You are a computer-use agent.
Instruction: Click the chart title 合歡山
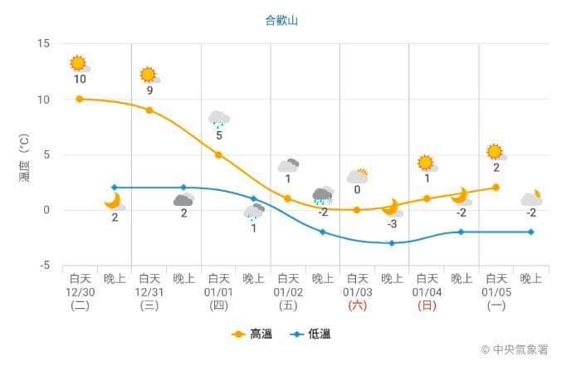tap(281, 20)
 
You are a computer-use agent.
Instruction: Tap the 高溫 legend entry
tap(251, 334)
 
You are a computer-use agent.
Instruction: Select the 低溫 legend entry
tap(310, 334)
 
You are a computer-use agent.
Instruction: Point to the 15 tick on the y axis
tap(43, 43)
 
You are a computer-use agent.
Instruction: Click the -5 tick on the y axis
tap(45, 266)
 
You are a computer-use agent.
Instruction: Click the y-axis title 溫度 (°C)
tap(24, 158)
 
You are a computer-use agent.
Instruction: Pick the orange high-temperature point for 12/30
tap(79, 99)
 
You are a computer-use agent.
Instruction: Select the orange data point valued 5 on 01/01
tap(218, 154)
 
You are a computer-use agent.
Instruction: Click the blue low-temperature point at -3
tap(392, 243)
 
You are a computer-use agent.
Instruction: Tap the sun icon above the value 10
tap(79, 64)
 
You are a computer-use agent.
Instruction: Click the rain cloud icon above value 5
tap(218, 119)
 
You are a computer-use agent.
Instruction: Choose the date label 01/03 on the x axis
tap(357, 292)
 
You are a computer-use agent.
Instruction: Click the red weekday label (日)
tap(427, 305)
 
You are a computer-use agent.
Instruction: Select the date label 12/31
tap(149, 292)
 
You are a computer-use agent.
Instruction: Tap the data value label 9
tap(149, 90)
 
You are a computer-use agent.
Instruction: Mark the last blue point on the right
tap(531, 232)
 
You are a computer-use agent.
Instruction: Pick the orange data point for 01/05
tap(496, 188)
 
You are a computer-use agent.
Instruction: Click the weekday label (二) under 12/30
tap(80, 305)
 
